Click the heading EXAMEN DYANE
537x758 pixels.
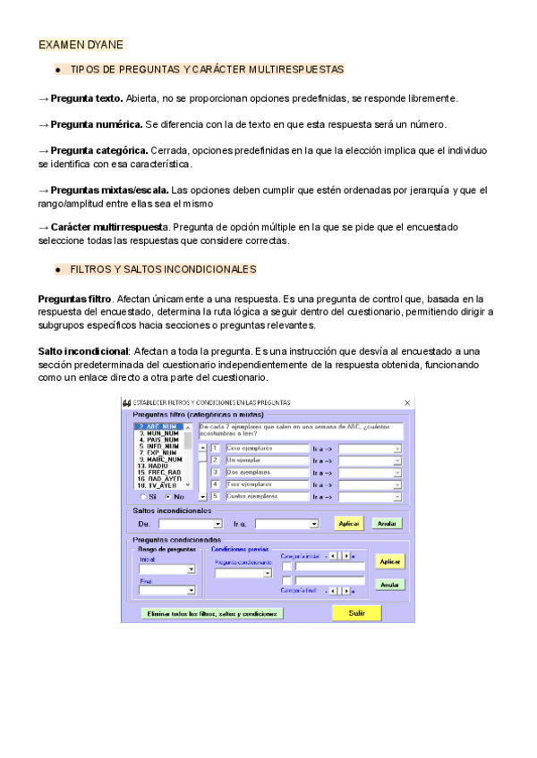point(81,45)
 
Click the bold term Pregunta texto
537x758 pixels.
point(87,97)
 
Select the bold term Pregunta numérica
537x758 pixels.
point(96,124)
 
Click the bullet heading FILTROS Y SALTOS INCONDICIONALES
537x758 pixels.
point(163,269)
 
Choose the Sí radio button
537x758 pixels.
point(146,496)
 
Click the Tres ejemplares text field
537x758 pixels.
point(253,484)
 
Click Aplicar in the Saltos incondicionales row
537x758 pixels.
point(348,524)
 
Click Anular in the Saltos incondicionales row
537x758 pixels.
point(387,524)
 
